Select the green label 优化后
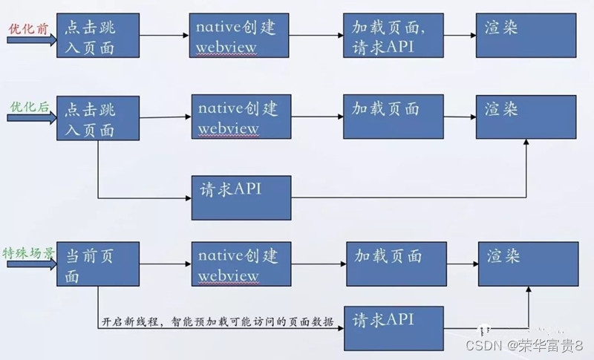28,107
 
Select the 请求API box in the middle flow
241,197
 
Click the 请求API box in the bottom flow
394,327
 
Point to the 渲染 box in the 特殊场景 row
528,264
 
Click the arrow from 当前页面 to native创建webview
166,264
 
